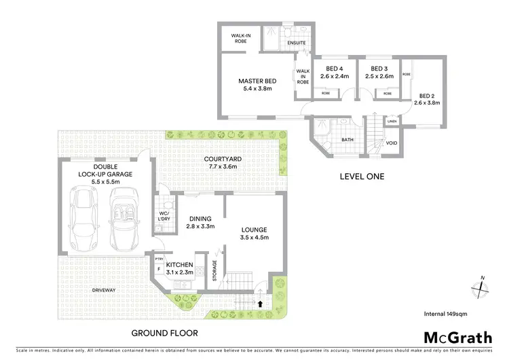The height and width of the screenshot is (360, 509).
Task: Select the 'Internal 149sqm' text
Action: (x=445, y=314)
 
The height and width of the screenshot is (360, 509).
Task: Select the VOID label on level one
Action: (x=392, y=143)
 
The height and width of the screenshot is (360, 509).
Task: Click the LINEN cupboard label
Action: (x=392, y=122)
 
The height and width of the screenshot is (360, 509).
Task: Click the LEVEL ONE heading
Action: (x=362, y=177)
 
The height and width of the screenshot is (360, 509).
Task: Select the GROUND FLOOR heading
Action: (x=165, y=334)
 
